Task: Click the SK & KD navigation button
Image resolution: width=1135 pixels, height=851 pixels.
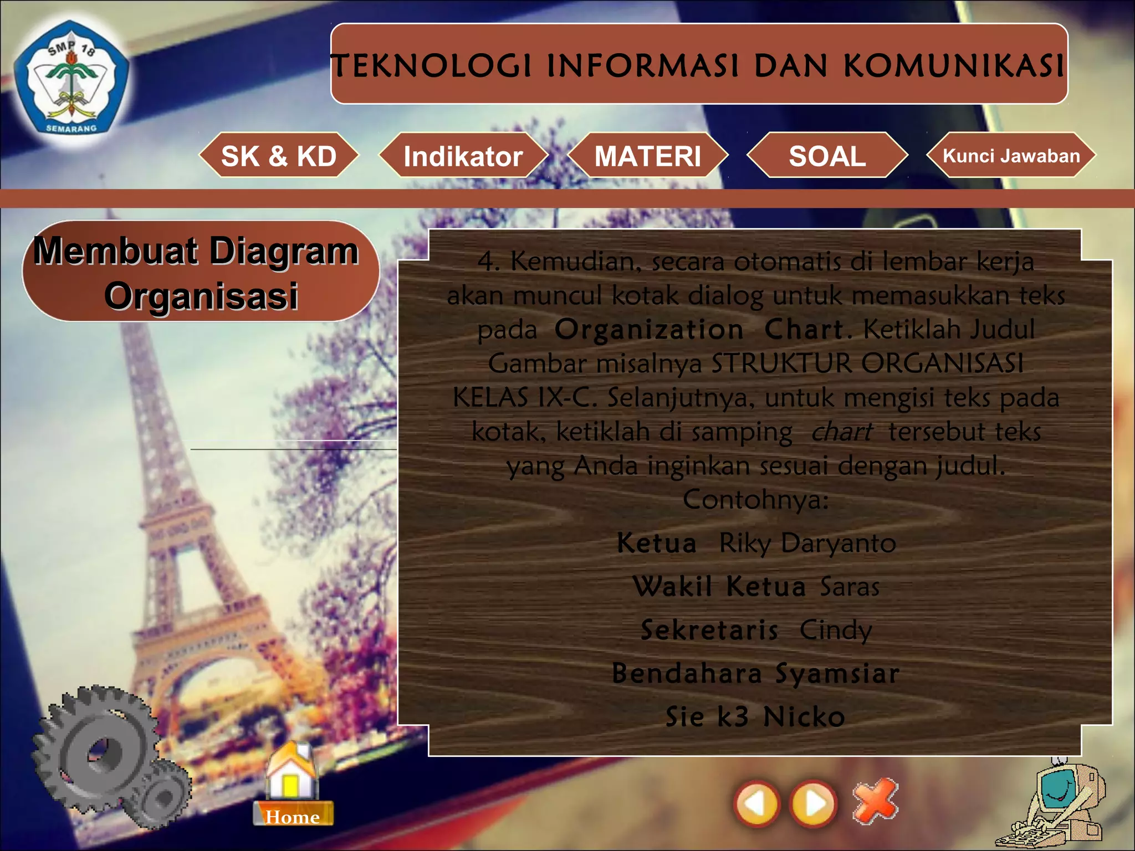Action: coord(279,156)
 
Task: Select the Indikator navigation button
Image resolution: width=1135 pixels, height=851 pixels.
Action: coord(463,156)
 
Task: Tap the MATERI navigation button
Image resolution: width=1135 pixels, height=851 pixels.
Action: coord(647,156)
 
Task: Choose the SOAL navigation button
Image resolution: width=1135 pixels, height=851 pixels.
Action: coord(827,156)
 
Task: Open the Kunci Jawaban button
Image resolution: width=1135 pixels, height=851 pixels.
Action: coord(1011,156)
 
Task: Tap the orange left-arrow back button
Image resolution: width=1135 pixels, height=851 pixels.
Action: coord(756,803)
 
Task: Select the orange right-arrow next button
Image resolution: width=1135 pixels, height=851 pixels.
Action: coord(814,803)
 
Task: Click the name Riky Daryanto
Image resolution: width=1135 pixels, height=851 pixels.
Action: coord(807,543)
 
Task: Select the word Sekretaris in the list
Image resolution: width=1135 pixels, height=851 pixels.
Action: coord(709,630)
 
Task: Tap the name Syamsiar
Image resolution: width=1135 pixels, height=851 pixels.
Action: coord(837,674)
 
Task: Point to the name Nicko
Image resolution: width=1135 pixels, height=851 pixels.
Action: coord(804,717)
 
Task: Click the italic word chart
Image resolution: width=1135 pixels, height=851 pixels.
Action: coord(841,432)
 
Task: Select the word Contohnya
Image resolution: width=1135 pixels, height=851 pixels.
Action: coord(755,500)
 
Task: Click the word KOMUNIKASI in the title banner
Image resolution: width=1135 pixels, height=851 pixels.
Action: coord(953,66)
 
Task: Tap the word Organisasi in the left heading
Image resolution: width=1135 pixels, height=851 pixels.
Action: coord(201,296)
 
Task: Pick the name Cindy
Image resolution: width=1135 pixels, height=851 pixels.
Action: coord(836,630)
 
